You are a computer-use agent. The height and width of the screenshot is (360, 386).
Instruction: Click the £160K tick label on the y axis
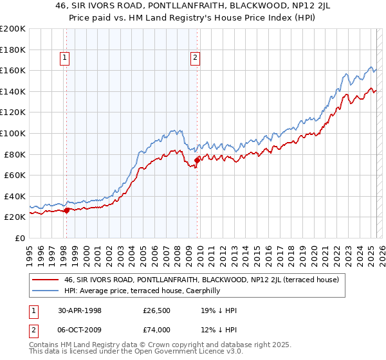click(13, 70)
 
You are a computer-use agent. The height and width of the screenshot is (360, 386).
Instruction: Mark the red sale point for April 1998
click(67, 210)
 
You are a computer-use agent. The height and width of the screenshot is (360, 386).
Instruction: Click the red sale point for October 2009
click(197, 160)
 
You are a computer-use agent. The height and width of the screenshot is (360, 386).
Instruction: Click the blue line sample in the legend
click(46, 290)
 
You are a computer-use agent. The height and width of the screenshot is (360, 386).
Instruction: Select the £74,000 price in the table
click(156, 330)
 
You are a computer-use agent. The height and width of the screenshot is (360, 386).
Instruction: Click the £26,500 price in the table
click(156, 310)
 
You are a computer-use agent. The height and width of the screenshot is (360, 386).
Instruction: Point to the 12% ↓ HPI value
click(219, 330)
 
